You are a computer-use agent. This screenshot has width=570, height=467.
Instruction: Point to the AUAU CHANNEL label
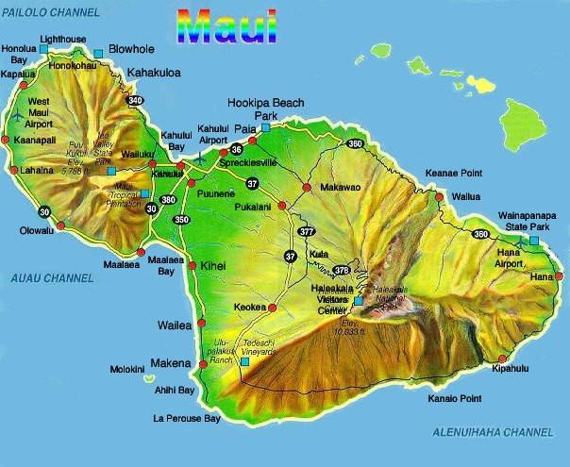click(52, 277)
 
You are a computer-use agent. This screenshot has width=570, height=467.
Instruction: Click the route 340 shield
click(135, 101)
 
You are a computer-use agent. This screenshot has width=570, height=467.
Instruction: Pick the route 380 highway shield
click(168, 199)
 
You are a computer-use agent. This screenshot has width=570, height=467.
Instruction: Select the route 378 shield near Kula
click(342, 270)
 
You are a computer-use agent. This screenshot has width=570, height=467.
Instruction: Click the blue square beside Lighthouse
click(45, 53)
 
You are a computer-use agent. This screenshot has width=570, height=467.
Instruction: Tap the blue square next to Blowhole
click(98, 53)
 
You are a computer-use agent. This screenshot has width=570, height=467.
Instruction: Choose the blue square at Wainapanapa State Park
click(533, 242)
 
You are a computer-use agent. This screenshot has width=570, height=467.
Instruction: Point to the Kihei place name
click(212, 267)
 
